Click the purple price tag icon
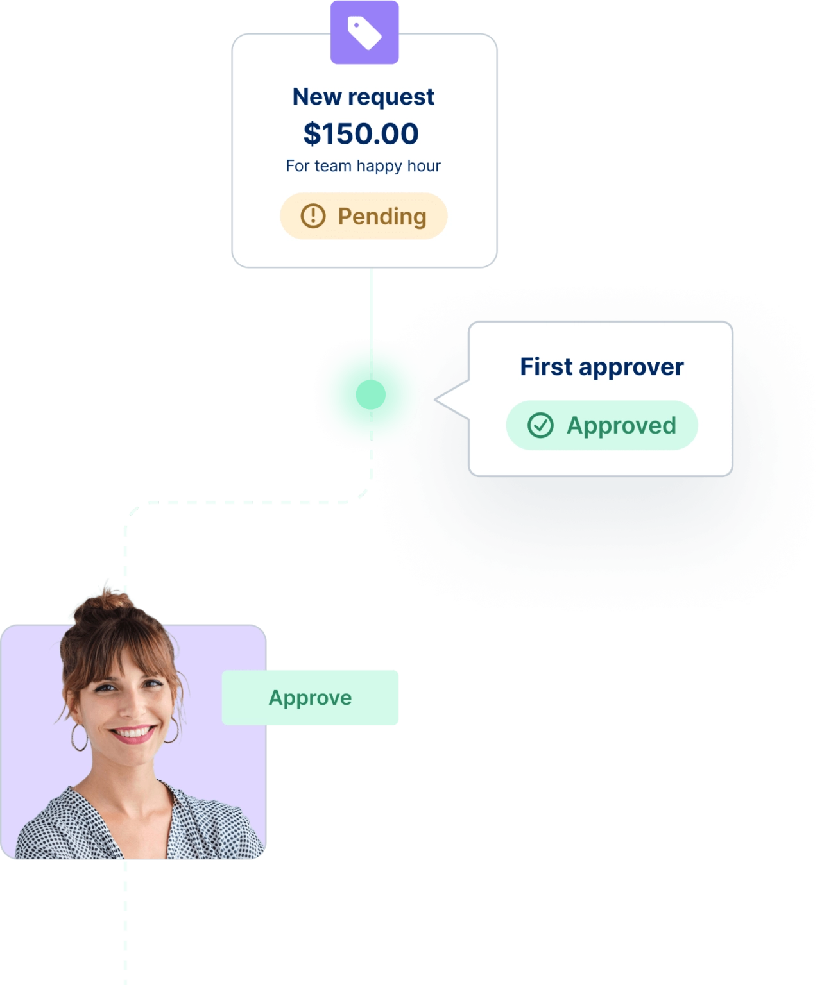(364, 32)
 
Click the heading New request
(363, 97)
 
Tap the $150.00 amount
(361, 133)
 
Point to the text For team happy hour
(363, 166)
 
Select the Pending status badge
(363, 216)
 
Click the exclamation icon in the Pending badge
(313, 216)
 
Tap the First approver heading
(601, 367)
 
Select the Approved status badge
(601, 425)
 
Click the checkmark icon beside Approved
(540, 425)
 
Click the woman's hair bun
(103, 606)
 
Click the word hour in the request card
(424, 166)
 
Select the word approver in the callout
(631, 367)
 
